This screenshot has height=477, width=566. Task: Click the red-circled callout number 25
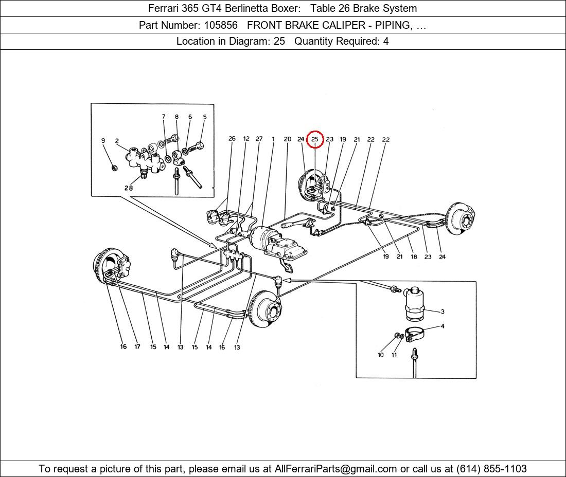pos(315,139)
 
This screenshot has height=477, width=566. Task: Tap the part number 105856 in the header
pos(221,25)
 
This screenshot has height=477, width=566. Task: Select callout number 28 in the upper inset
pos(129,188)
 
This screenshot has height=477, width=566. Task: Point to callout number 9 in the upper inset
pos(103,141)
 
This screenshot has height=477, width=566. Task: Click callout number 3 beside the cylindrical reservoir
pos(442,311)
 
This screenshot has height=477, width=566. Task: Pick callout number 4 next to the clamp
pos(443,326)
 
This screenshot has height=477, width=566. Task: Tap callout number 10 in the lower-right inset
pos(380,355)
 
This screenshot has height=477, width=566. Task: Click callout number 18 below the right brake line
pos(414,256)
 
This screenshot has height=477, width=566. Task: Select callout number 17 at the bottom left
pos(137,347)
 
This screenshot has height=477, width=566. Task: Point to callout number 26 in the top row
pos(232,138)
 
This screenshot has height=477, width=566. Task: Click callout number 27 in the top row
pos(259,138)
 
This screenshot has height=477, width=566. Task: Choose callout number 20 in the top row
pos(287,139)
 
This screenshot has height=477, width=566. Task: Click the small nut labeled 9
pos(114,168)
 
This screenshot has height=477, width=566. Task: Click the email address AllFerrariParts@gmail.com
pos(335,469)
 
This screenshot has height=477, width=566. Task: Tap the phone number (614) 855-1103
pos(491,469)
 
